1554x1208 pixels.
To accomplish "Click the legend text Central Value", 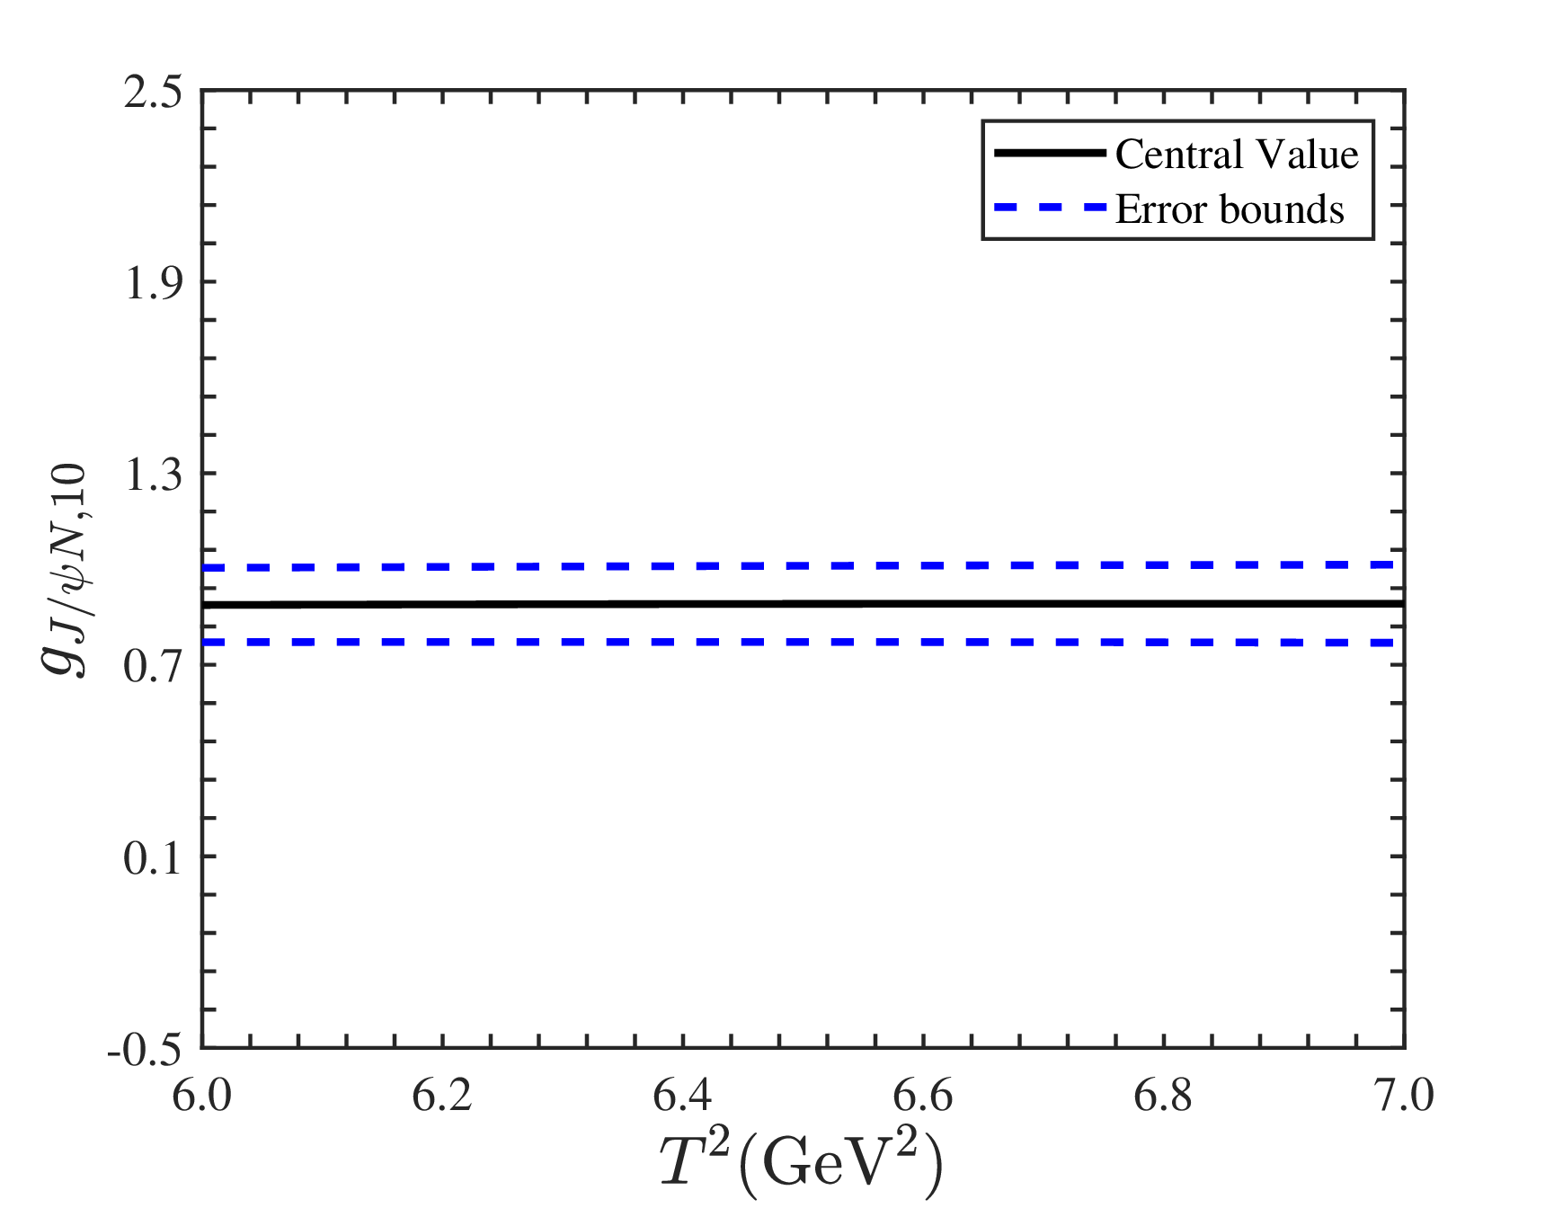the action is click(x=1237, y=155).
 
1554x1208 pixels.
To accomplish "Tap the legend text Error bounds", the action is click(x=1230, y=209).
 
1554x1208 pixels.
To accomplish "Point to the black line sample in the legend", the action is click(x=1050, y=154).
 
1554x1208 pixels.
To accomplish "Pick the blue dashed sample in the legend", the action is click(x=1050, y=208).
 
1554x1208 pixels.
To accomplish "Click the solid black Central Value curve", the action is click(x=803, y=604).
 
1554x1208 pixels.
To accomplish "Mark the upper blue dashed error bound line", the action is click(x=803, y=566).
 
